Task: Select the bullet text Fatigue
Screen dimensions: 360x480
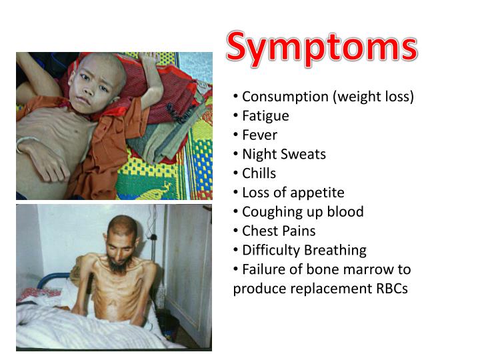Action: pos(265,116)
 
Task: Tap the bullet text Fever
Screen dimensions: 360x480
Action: pos(259,135)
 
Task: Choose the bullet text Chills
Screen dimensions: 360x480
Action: pos(259,173)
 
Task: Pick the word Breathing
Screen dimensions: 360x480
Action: pos(335,251)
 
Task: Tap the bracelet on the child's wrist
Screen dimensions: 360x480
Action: pos(24,143)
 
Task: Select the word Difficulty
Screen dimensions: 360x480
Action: pos(271,251)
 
